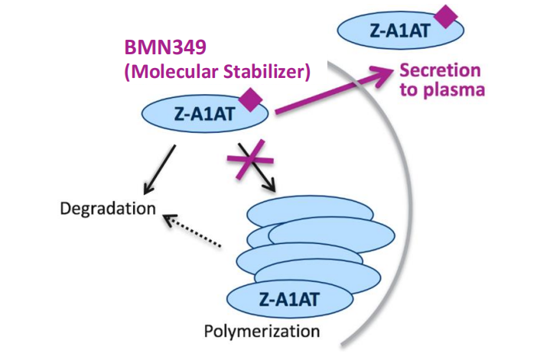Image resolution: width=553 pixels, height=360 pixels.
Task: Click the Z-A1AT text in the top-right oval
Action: (391, 31)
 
